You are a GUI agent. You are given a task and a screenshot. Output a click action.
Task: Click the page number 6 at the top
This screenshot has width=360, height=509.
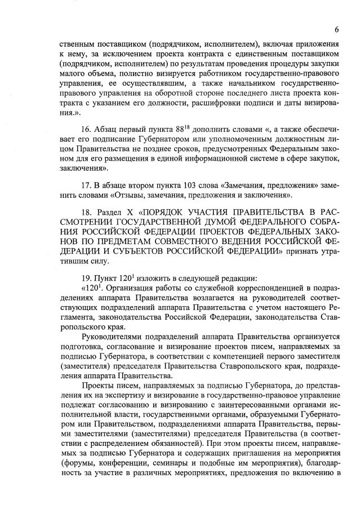(x=336, y=29)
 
